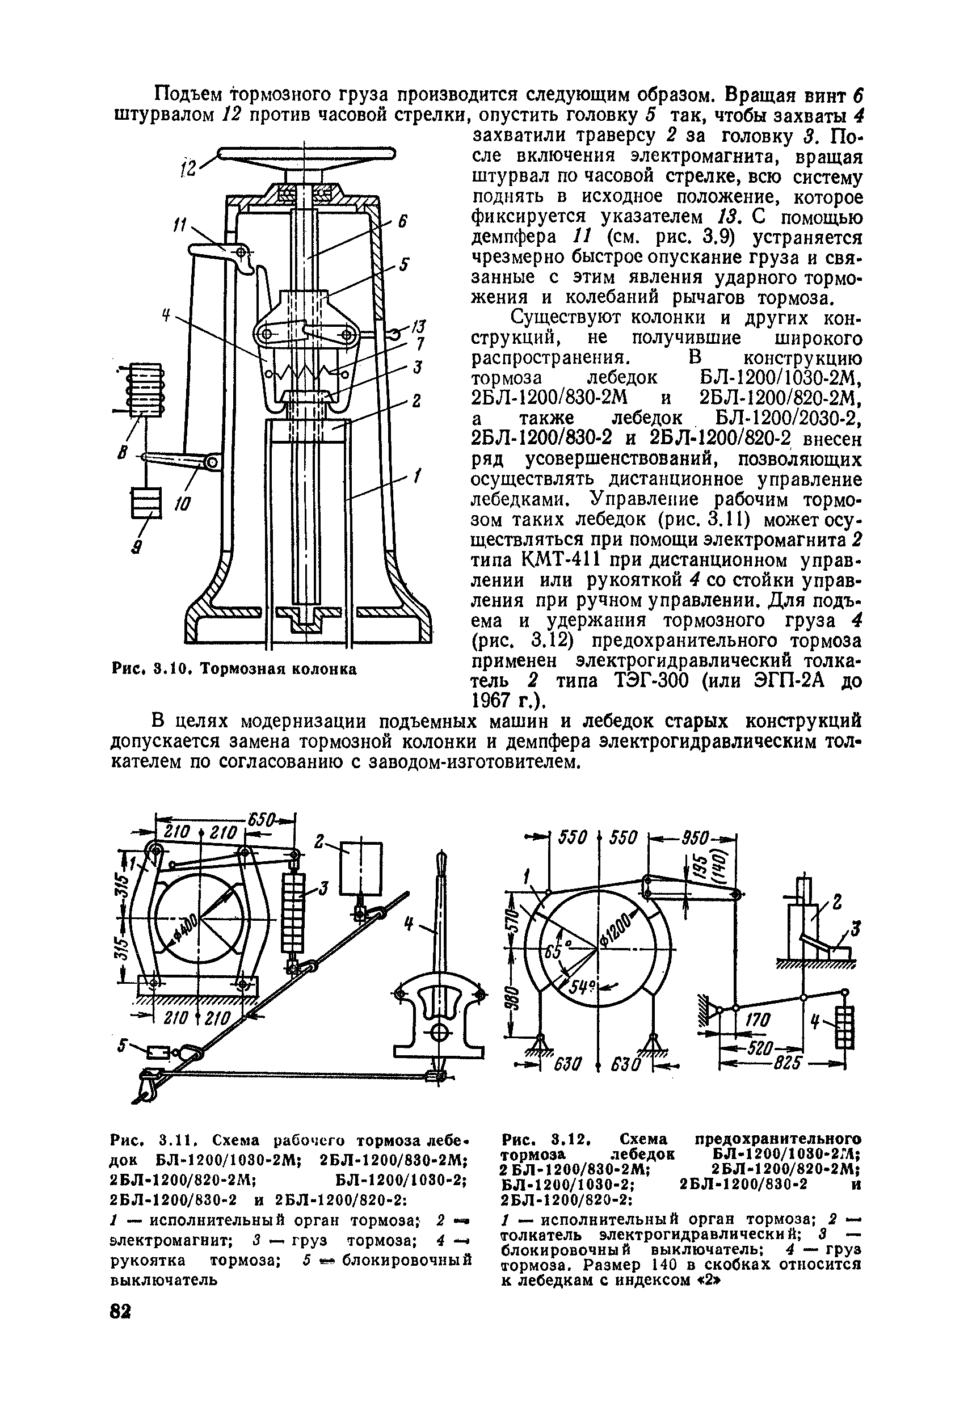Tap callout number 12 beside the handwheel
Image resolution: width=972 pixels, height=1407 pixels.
pos(190,167)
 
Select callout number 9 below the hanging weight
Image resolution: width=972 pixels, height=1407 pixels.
pos(137,547)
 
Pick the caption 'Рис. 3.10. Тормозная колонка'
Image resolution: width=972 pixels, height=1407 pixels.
pos(234,669)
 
